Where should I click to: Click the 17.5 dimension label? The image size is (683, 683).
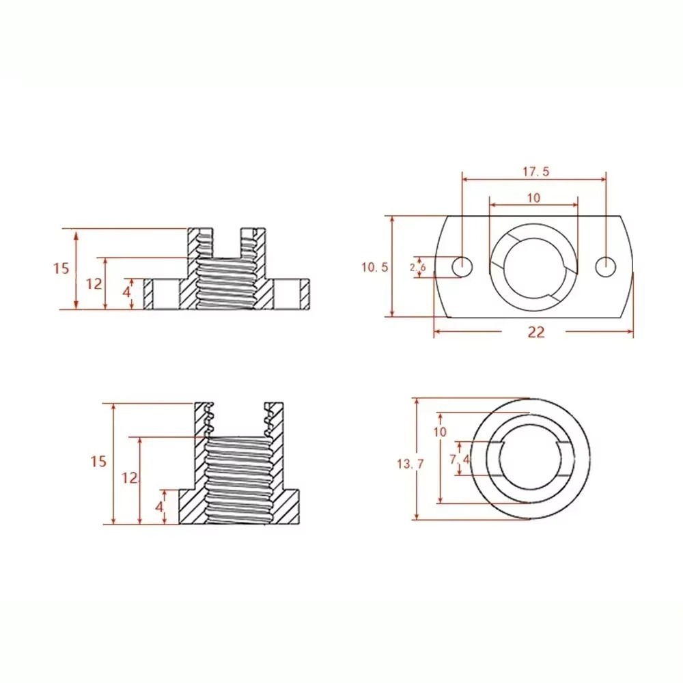point(536,171)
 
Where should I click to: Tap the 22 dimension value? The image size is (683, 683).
point(537,332)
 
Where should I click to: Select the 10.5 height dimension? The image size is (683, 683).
point(375,267)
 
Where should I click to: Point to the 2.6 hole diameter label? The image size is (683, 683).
point(417,268)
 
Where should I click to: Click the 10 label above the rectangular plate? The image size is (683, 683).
point(533,198)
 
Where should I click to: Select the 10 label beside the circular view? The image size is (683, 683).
point(439,432)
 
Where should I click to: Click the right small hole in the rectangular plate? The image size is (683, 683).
point(604,267)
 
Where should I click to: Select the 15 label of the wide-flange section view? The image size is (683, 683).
point(61,268)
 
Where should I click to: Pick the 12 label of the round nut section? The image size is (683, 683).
point(130,477)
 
